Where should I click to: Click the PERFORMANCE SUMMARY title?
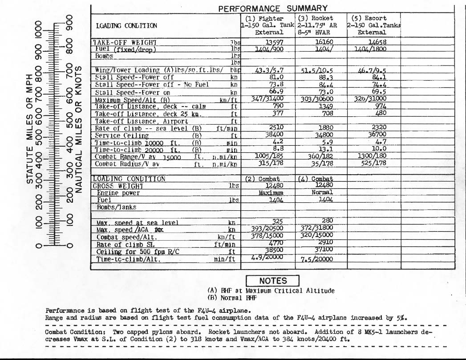273,8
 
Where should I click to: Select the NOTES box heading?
273,281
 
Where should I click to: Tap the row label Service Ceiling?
122,136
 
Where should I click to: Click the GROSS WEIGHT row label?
118,186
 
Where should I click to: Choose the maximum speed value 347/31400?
267,98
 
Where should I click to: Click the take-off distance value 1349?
325,106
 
